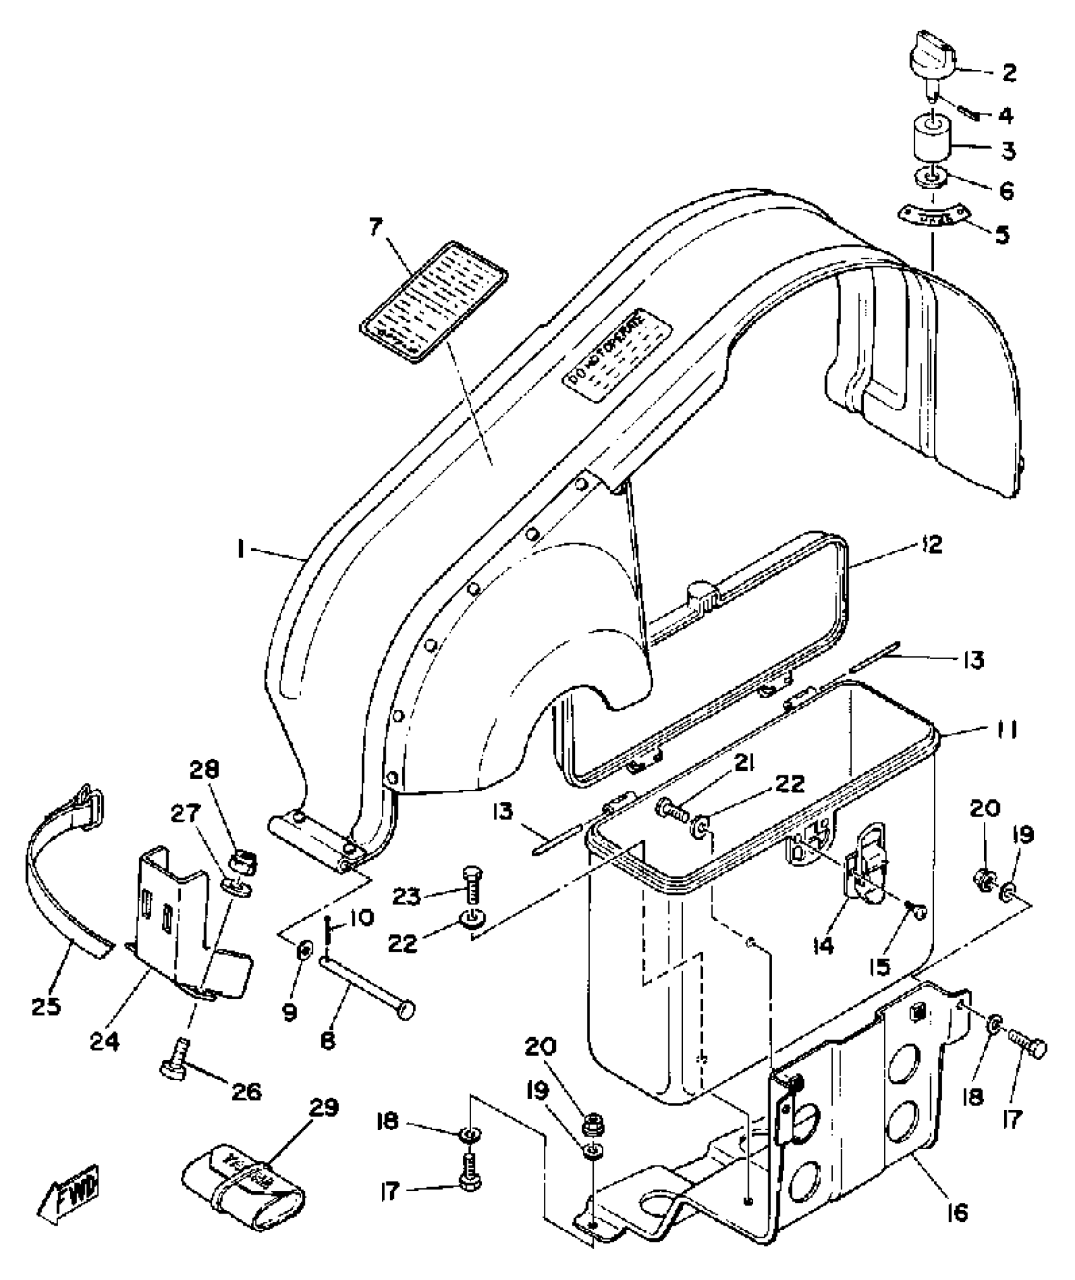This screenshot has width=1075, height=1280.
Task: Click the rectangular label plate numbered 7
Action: [x=435, y=302]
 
